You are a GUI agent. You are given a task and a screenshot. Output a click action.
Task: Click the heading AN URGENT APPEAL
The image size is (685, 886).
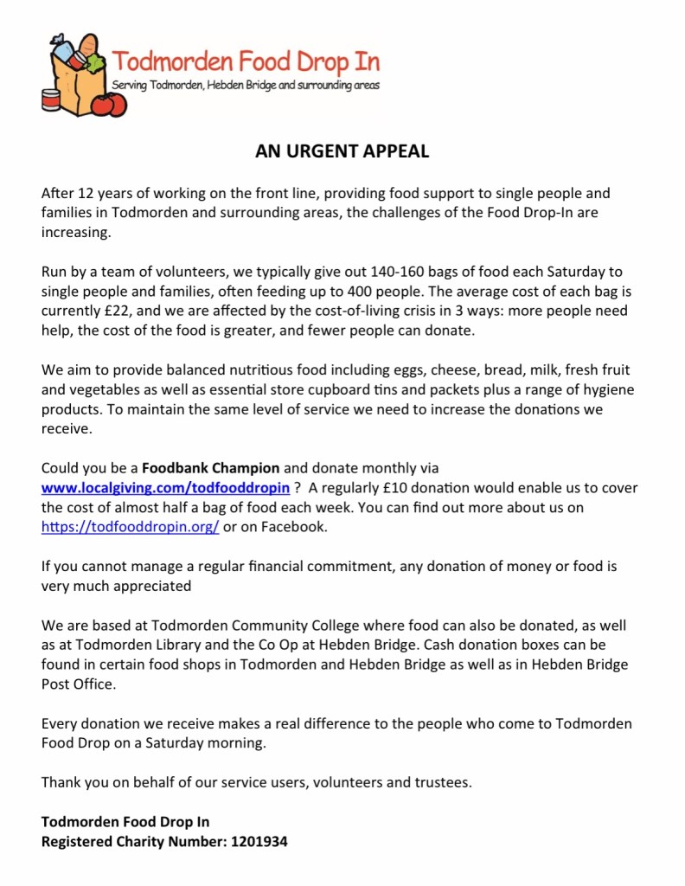point(342,151)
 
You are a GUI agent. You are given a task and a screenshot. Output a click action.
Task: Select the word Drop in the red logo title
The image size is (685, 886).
point(304,62)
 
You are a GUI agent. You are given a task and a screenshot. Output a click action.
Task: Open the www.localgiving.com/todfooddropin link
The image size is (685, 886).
point(165,488)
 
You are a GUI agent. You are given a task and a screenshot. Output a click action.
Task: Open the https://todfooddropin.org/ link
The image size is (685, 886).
point(130,526)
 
